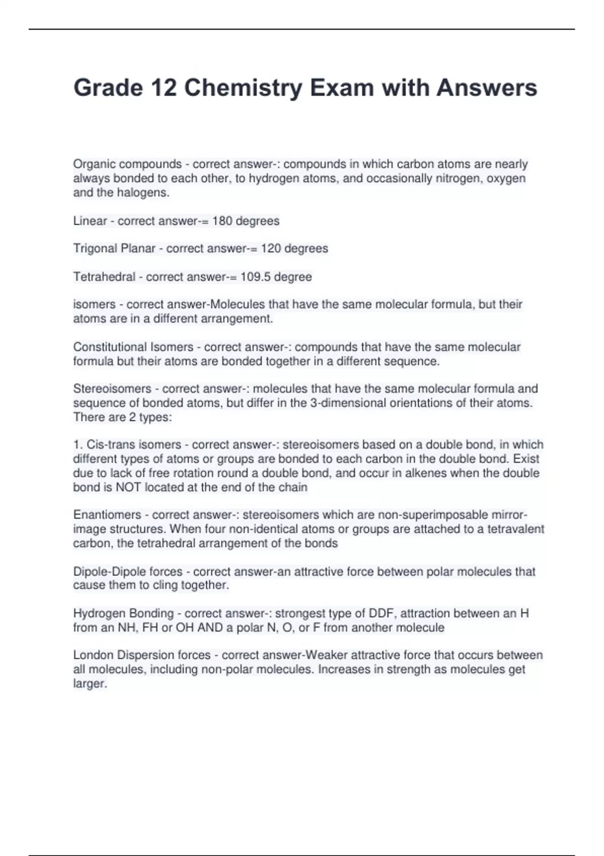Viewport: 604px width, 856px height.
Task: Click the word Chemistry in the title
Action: [x=243, y=88]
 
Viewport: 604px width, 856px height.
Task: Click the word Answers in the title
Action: [x=486, y=88]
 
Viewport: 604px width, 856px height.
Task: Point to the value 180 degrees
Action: [x=246, y=221]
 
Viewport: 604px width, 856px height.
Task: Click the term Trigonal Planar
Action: [x=114, y=249]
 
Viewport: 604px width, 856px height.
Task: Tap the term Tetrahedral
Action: [x=104, y=277]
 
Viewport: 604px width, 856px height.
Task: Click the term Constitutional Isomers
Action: [x=133, y=347]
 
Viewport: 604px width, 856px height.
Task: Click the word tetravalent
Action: [x=515, y=529]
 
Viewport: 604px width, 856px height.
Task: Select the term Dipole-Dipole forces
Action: [x=128, y=572]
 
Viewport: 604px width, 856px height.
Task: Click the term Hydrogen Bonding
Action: [x=123, y=613]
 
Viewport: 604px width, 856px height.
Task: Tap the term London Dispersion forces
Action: [x=142, y=655]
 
